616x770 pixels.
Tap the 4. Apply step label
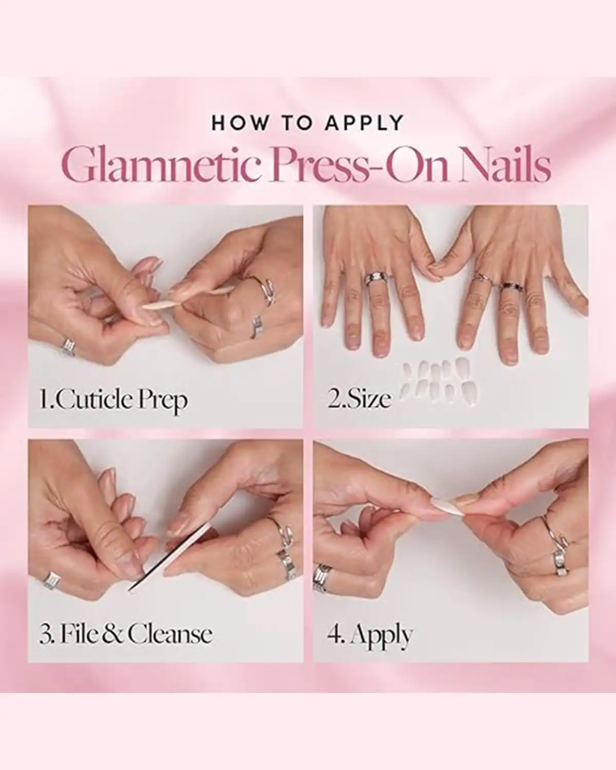click(370, 636)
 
